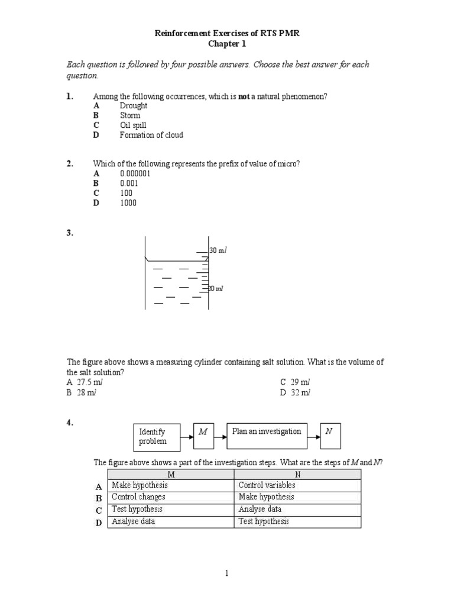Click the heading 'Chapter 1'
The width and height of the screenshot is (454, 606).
tap(227, 44)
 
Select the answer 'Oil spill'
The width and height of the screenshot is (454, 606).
tap(133, 125)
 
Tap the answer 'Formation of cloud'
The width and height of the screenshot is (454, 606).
tap(151, 135)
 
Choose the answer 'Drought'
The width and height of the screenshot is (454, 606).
tap(134, 106)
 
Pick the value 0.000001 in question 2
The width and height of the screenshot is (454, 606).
tap(135, 174)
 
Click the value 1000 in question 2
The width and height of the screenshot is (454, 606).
tap(128, 203)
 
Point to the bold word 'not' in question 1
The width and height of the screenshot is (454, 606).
tap(244, 96)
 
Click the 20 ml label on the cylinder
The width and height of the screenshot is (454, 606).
tap(216, 288)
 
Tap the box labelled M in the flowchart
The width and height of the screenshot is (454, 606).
tap(203, 437)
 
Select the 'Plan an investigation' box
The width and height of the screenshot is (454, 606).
tap(267, 437)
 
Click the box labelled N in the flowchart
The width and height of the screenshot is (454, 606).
tap(330, 437)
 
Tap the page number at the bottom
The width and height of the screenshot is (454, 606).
tap(227, 573)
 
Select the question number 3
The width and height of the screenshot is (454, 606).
tap(70, 233)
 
